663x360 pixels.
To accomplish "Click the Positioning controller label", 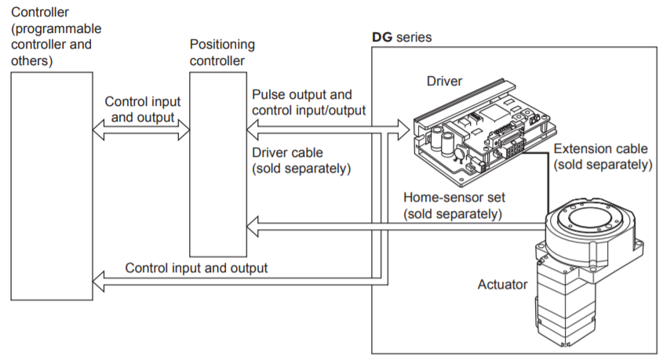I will coord(223,52).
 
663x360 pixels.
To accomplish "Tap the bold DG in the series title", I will coord(381,37).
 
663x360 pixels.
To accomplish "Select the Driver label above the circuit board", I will coord(444,81).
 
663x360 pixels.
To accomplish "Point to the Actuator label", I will coord(502,284).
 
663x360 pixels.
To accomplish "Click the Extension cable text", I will coord(601,148).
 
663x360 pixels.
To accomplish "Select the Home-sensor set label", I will coord(453,198).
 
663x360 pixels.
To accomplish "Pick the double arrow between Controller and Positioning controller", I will coord(142,132).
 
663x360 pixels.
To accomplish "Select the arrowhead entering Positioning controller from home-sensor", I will coord(253,228).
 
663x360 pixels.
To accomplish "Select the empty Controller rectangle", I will coord(50,184).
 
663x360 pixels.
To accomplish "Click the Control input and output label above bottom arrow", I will coord(196,267).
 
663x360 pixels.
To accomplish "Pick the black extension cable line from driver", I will coord(545,176).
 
